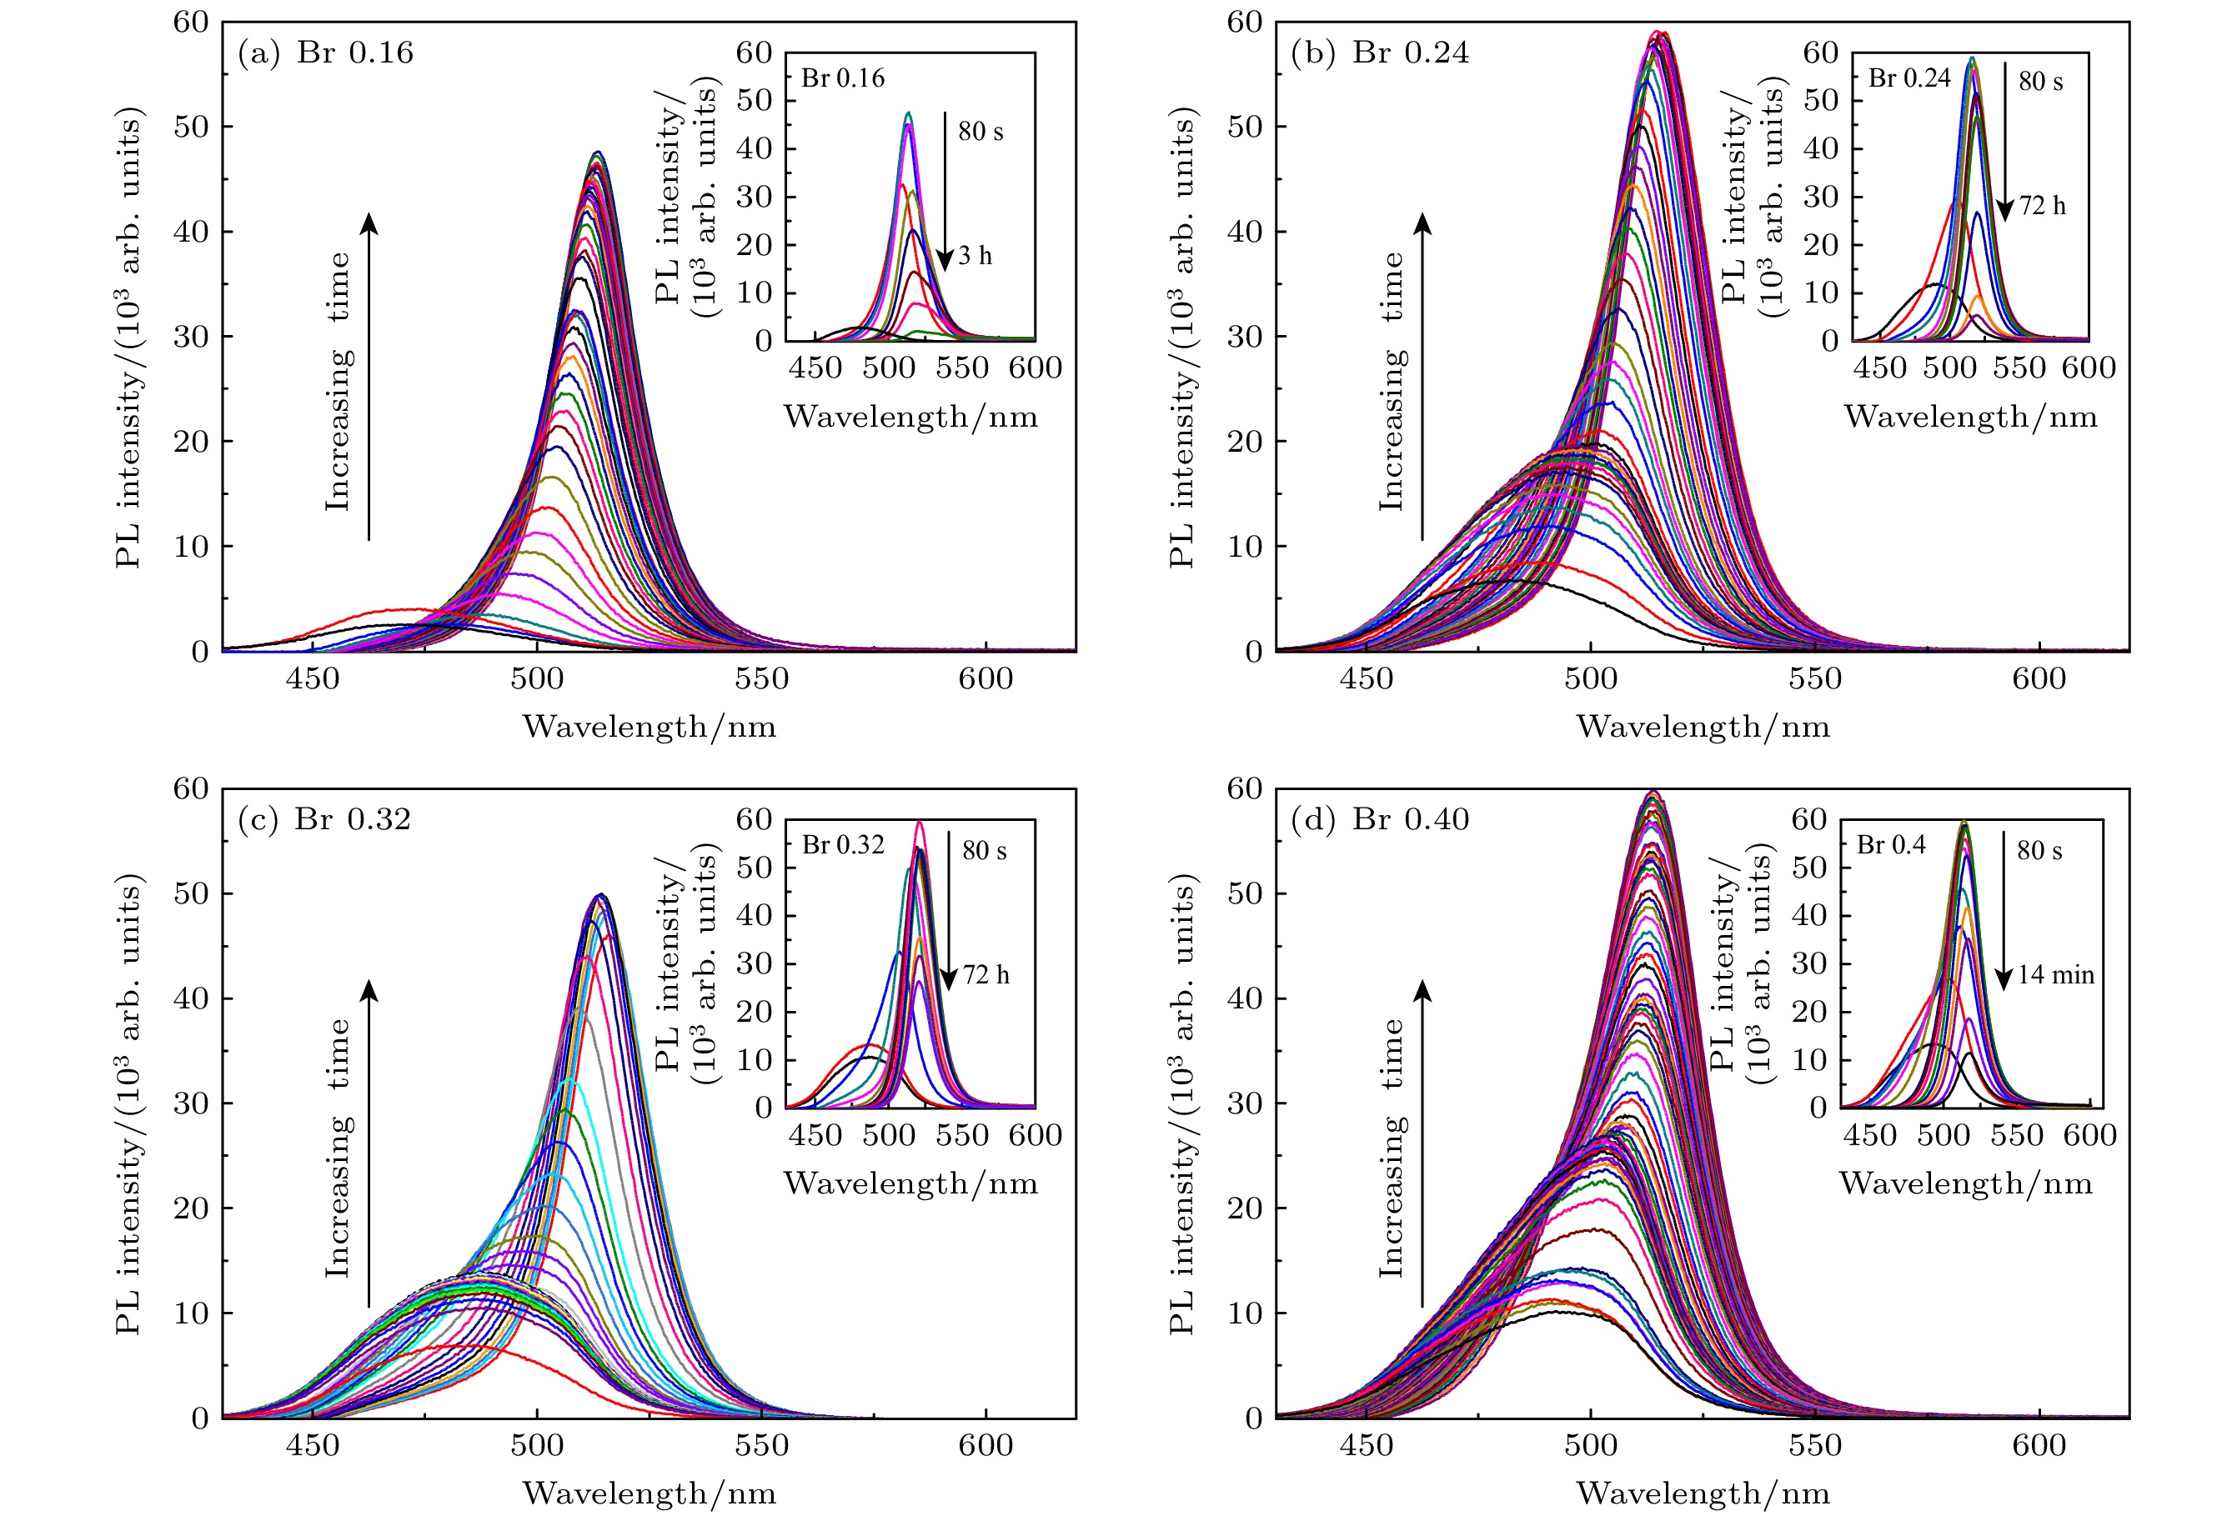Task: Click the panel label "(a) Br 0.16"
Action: point(325,53)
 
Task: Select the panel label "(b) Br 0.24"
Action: point(1379,53)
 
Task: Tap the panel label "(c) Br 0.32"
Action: point(324,820)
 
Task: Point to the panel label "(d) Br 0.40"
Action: point(1379,820)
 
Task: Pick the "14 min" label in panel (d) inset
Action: point(2055,975)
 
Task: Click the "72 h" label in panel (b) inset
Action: point(2042,207)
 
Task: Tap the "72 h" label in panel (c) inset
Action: point(986,975)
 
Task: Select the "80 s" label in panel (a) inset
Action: point(981,132)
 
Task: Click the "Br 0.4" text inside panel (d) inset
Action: point(1891,845)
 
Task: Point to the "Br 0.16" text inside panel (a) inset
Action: point(843,78)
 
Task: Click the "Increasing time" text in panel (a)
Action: point(338,381)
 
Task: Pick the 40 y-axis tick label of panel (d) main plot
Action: point(1245,999)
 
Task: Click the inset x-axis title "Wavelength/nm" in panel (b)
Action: point(1970,418)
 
